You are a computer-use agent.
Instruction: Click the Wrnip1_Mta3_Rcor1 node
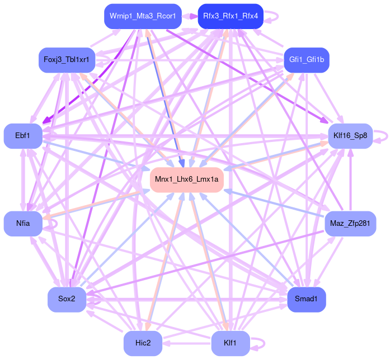[142, 16]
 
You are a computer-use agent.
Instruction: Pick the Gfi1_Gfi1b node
[306, 60]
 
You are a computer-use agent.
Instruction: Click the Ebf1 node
[23, 136]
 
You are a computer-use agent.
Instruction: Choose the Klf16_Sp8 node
[350, 136]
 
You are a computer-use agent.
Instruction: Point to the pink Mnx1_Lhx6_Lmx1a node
[187, 179]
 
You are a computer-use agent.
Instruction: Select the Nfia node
[23, 224]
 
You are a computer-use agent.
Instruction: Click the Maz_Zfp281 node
[350, 224]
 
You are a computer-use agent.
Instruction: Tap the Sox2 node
[67, 300]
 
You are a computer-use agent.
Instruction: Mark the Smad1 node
[306, 300]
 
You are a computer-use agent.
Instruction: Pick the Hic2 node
[143, 343]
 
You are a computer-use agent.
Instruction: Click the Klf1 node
[231, 343]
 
